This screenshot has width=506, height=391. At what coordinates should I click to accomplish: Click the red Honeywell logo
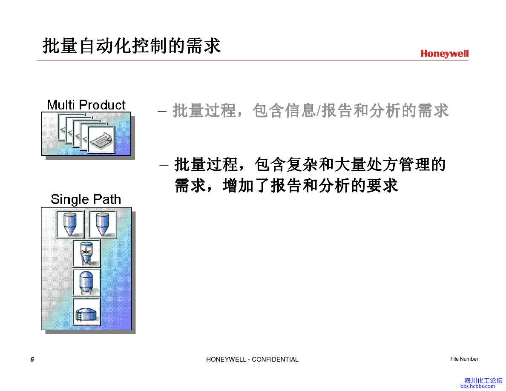(444, 54)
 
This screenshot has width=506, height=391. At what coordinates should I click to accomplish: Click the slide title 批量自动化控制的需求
(132, 46)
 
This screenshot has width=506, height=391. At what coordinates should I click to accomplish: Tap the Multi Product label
(86, 105)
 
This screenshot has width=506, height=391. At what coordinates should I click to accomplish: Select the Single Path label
(86, 199)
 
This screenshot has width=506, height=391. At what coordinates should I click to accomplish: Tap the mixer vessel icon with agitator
(86, 253)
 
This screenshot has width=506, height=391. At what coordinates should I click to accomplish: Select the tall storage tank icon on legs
(86, 282)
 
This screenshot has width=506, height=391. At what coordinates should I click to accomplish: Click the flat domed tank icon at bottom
(86, 312)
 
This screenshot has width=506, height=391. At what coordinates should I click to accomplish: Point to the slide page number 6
(32, 359)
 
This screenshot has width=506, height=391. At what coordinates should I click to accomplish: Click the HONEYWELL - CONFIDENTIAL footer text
(252, 359)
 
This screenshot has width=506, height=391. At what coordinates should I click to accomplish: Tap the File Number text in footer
(464, 359)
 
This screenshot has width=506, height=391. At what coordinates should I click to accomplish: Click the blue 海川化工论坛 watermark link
(483, 380)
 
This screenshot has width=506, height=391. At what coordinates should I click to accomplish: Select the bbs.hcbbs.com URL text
(477, 386)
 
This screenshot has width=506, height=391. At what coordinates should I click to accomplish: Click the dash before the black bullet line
(163, 164)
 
